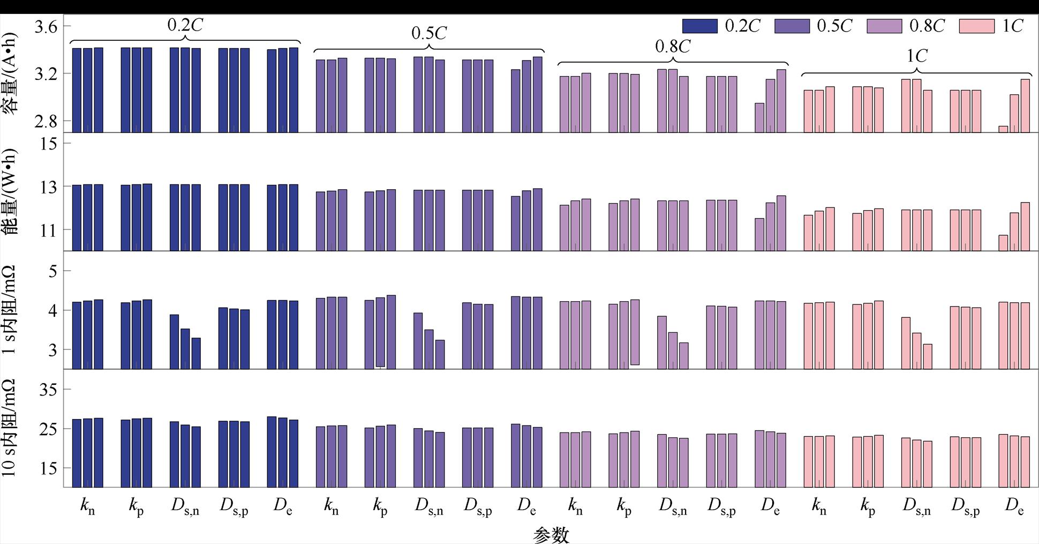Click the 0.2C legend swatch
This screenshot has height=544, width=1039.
click(699, 26)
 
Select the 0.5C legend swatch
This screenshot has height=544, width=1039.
click(792, 26)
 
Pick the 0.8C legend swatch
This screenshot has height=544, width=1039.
click(884, 26)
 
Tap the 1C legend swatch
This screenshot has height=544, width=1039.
click(976, 26)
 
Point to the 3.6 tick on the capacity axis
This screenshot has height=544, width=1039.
click(46, 26)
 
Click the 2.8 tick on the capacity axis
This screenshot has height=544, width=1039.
click(46, 121)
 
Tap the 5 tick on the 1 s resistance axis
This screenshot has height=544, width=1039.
click(52, 271)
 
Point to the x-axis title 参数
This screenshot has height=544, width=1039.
click(551, 534)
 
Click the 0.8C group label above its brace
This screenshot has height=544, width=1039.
click(673, 47)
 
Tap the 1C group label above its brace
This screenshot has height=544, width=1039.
click(916, 56)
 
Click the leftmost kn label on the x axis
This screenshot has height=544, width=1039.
click(88, 506)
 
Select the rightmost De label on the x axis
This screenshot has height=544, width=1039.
click(1014, 506)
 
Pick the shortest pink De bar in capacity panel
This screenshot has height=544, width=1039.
click(1003, 129)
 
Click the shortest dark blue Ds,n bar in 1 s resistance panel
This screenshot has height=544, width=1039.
click(196, 353)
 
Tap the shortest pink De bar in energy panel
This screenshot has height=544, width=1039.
click(1003, 243)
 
